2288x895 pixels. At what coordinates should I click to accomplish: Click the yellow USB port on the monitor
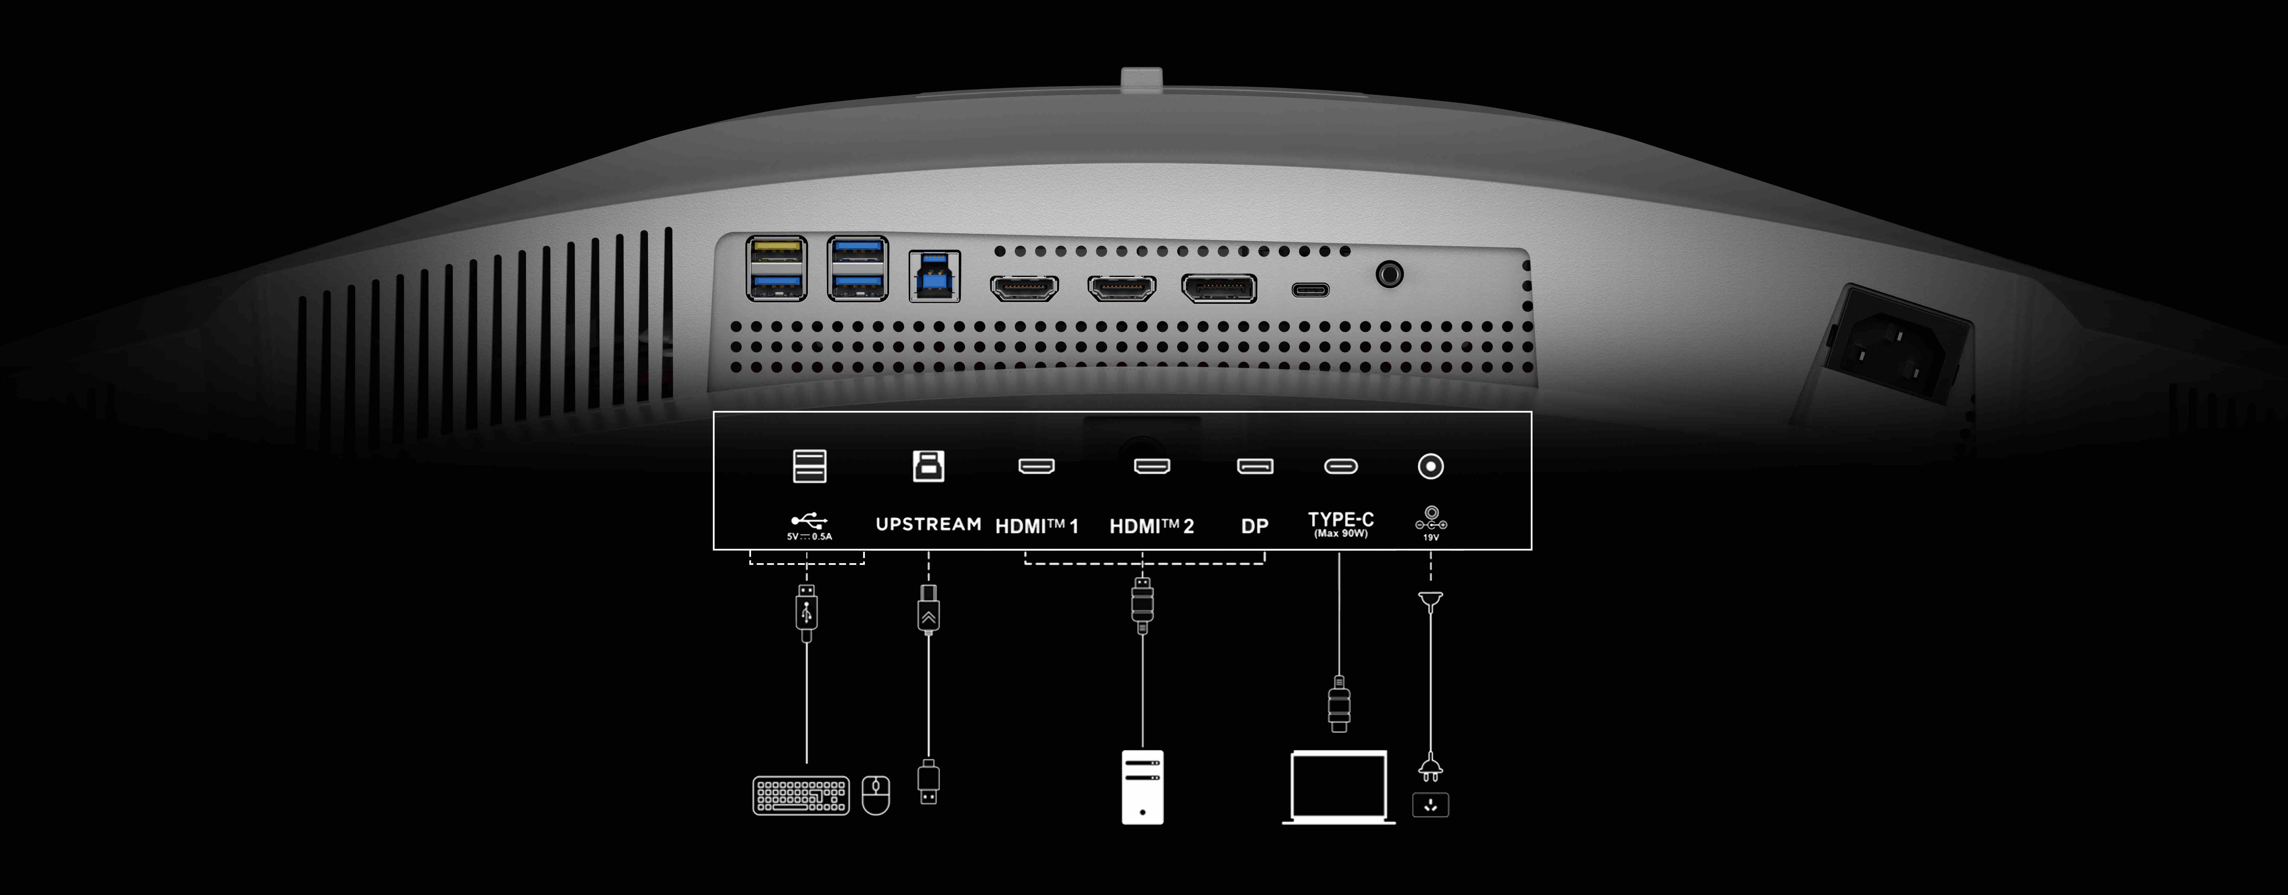(776, 252)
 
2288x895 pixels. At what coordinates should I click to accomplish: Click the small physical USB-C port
(1310, 290)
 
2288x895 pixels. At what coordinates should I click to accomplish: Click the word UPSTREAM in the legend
(928, 525)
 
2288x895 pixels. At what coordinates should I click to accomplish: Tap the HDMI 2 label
(1151, 526)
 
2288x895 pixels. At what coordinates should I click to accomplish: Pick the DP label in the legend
(1254, 526)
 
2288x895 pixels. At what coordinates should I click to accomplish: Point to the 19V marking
(1431, 538)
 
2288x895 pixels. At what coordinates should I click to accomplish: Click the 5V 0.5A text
(809, 537)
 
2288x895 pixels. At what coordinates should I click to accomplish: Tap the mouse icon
(876, 795)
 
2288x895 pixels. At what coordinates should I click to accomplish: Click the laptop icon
(1338, 787)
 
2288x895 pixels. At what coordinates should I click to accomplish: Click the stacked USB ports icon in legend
(809, 466)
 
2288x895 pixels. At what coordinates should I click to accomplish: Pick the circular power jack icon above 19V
(1430, 466)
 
